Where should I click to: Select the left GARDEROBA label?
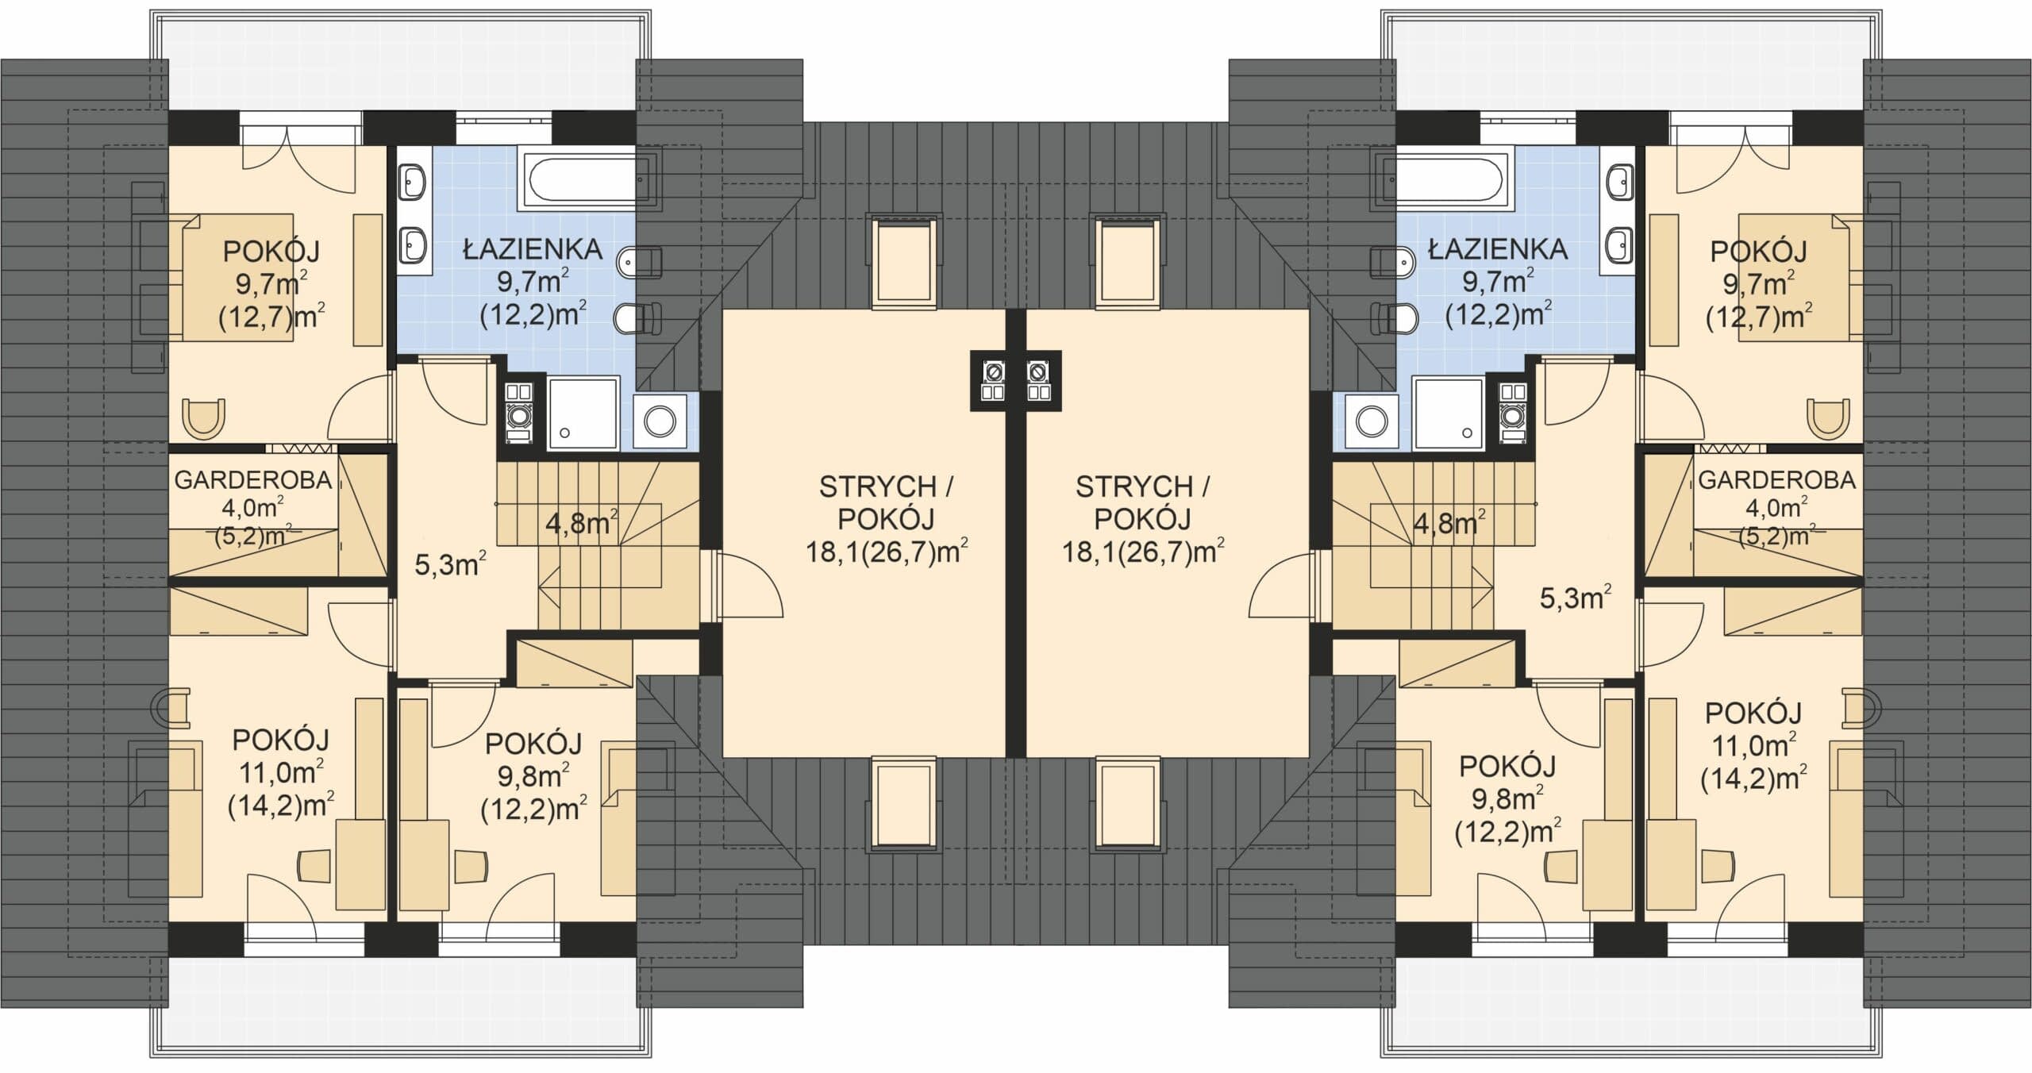pos(252,480)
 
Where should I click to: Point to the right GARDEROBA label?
pos(1776,480)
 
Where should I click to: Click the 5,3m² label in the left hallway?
pos(450,564)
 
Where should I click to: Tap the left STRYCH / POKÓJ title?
pos(886,502)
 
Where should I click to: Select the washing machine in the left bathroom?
pos(660,421)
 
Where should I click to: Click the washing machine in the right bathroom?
pos(1371,421)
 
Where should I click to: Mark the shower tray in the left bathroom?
pos(583,413)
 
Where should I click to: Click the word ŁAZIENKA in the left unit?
pos(533,250)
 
